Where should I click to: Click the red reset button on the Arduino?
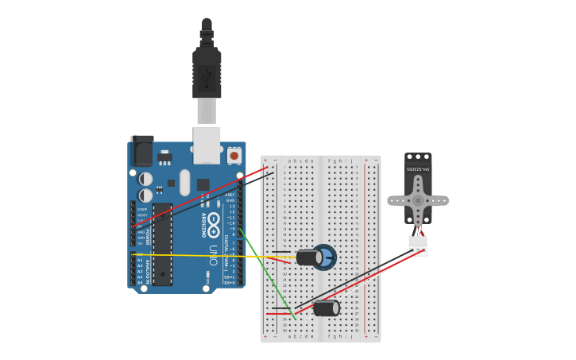(x=234, y=156)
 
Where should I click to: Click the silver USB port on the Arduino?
(x=207, y=145)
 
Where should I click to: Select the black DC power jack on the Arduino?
(x=142, y=152)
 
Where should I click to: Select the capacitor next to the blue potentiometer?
(x=308, y=257)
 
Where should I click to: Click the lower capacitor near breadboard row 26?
(x=326, y=308)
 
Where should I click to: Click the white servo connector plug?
(x=418, y=246)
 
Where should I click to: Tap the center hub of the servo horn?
(x=418, y=200)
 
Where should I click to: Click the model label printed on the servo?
(x=418, y=169)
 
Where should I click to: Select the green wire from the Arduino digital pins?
(x=266, y=274)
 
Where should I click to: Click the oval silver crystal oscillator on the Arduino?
(x=185, y=182)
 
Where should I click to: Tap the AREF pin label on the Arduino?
(x=230, y=195)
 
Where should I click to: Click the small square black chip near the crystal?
(x=203, y=184)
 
